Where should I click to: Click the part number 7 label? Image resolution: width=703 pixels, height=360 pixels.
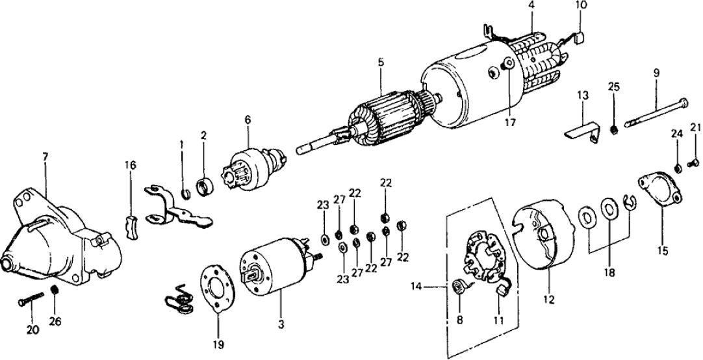tap(44, 157)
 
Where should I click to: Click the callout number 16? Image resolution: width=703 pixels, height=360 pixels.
tap(131, 165)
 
